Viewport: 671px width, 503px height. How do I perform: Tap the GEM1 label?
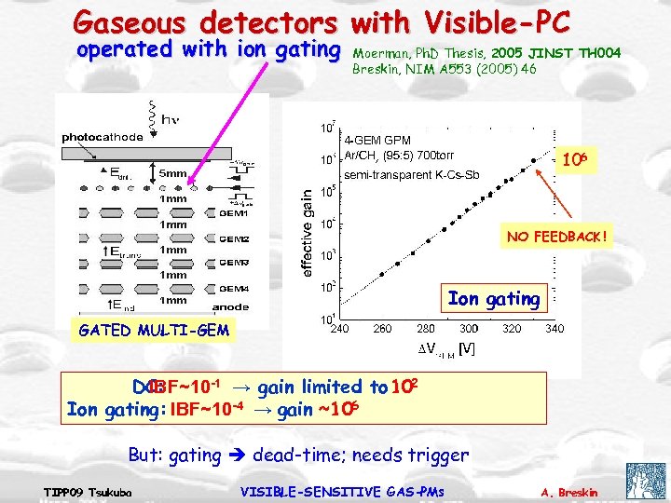pos(234,213)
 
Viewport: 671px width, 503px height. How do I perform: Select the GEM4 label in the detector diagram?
pos(234,289)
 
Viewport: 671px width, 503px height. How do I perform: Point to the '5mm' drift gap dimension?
pos(171,173)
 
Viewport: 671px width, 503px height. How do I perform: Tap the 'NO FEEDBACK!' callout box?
pos(555,237)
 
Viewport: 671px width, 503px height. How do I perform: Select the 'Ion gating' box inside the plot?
pos(493,298)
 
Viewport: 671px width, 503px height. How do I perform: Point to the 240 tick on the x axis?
pos(340,328)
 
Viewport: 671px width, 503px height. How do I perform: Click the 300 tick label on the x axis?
pos(469,328)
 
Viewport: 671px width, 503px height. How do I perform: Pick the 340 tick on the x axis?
pos(555,328)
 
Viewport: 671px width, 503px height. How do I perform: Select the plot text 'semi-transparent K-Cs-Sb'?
pos(411,174)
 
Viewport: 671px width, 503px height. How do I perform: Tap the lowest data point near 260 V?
pos(381,275)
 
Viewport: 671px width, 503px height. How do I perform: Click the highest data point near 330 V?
pos(534,159)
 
